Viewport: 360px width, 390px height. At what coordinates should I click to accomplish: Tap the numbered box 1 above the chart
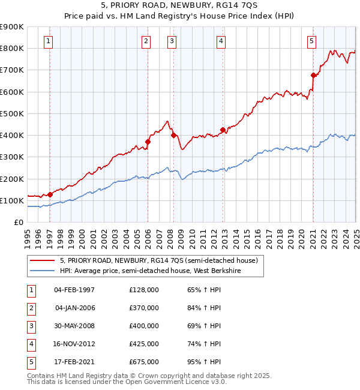click(x=48, y=41)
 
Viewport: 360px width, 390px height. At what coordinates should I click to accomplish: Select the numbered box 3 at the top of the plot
click(x=172, y=41)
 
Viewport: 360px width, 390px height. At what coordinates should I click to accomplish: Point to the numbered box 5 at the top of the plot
click(x=312, y=41)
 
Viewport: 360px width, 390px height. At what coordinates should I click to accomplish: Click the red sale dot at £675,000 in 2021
click(x=313, y=75)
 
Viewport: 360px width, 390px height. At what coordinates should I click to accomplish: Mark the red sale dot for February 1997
click(x=50, y=194)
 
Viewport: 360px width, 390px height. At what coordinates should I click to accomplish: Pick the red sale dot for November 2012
click(x=223, y=130)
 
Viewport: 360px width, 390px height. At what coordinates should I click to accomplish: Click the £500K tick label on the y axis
click(x=12, y=113)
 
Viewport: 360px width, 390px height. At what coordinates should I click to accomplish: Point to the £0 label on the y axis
click(x=17, y=222)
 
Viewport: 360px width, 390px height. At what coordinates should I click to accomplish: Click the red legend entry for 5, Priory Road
click(x=159, y=260)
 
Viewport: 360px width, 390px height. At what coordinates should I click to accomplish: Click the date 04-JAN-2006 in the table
click(x=74, y=308)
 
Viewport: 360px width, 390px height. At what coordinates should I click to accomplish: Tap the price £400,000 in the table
click(x=144, y=326)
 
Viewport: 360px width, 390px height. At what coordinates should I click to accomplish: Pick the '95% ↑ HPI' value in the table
click(x=204, y=362)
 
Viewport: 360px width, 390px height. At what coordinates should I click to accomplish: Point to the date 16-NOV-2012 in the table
click(x=74, y=344)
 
